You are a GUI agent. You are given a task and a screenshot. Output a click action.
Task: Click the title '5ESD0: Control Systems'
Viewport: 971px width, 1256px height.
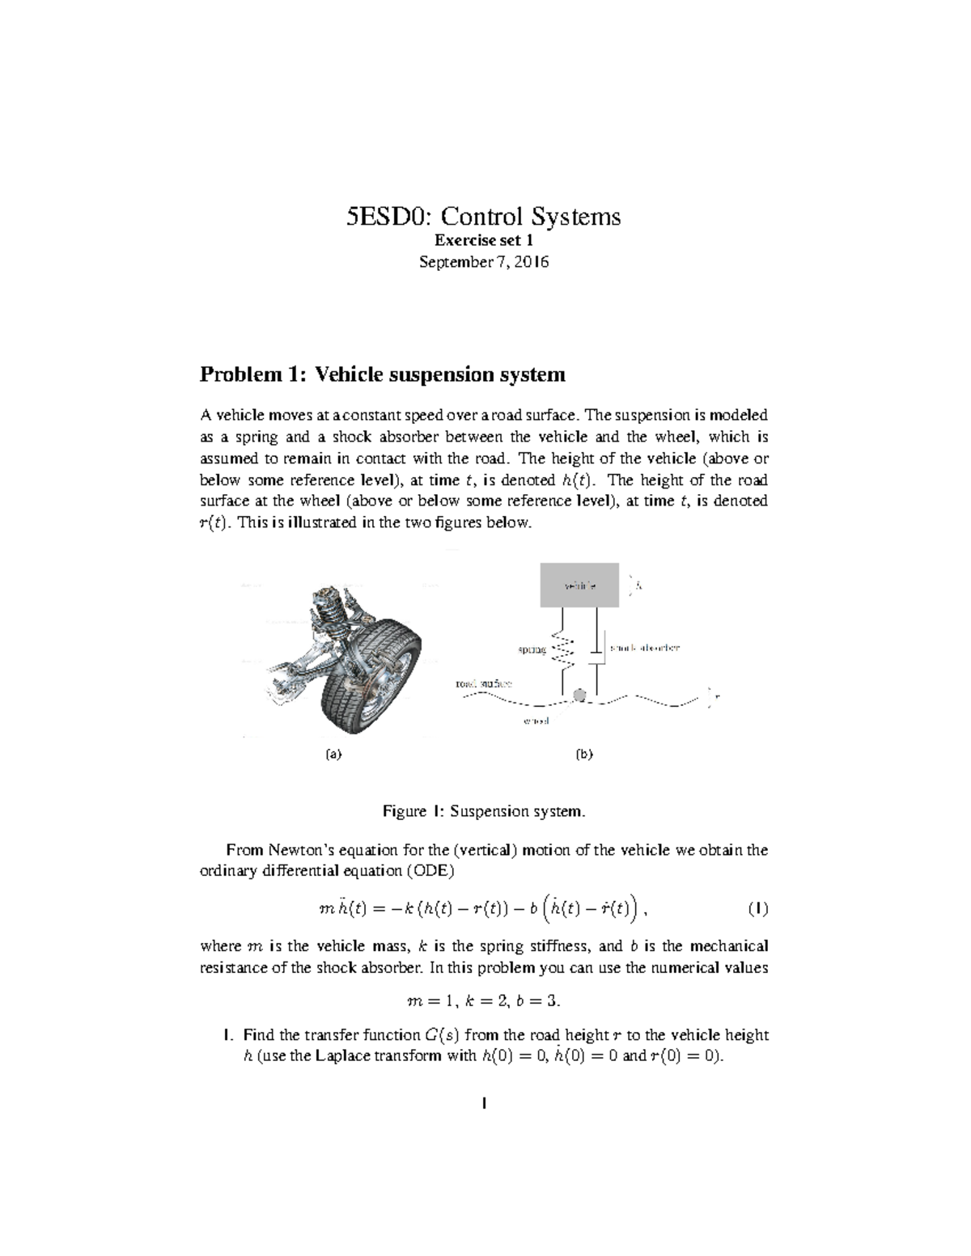tap(483, 217)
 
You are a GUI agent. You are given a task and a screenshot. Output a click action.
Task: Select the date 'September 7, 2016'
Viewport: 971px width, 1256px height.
tap(483, 262)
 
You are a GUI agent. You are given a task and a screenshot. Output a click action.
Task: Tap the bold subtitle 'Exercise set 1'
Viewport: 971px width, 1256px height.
tap(483, 240)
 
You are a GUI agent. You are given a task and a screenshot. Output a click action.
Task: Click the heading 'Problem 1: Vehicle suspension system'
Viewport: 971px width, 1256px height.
tap(382, 374)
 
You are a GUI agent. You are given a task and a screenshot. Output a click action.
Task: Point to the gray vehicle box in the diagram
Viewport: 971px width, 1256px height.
tap(579, 584)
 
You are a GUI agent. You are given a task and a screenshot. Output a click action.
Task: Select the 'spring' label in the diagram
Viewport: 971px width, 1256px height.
tap(532, 649)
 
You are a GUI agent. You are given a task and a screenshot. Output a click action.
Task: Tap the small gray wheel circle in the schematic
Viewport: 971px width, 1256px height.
tap(579, 696)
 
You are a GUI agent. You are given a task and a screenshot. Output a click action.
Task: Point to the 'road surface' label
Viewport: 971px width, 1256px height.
tap(483, 683)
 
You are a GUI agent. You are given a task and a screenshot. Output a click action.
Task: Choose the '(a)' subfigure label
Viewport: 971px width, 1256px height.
tap(333, 754)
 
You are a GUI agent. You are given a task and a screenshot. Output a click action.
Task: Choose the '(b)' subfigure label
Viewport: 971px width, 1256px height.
tap(583, 754)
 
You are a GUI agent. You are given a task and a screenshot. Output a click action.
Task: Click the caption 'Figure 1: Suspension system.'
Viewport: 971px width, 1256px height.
tap(483, 810)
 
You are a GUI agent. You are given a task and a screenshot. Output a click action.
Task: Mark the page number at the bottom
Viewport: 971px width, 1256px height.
tap(483, 1102)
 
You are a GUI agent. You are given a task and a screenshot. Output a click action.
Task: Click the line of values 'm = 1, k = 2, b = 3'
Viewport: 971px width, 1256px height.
tap(483, 1000)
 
